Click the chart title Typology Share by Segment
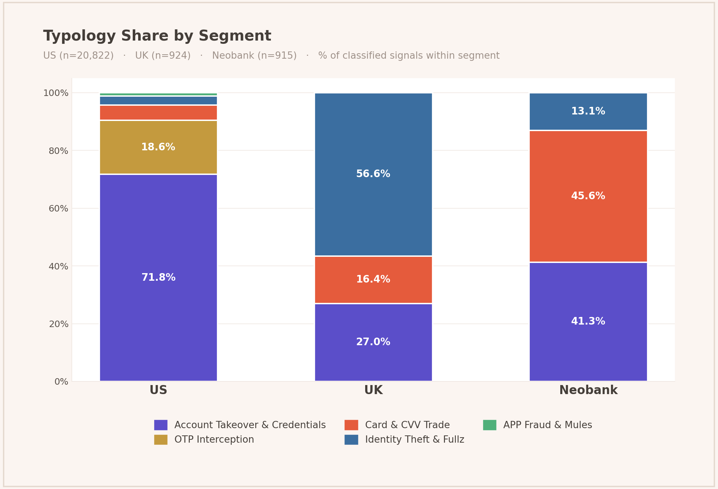[x=157, y=36]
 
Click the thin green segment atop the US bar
[x=158, y=94]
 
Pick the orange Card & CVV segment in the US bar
[x=158, y=113]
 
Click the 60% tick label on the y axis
[x=58, y=209]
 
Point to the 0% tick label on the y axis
[x=61, y=382]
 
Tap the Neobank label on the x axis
[x=588, y=390]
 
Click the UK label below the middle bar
[x=373, y=390]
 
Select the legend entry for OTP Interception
[x=214, y=440]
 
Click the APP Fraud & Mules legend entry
[x=547, y=425]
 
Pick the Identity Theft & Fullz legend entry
[x=414, y=440]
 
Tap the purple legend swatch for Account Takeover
[x=161, y=425]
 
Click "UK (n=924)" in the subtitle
[x=163, y=56]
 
